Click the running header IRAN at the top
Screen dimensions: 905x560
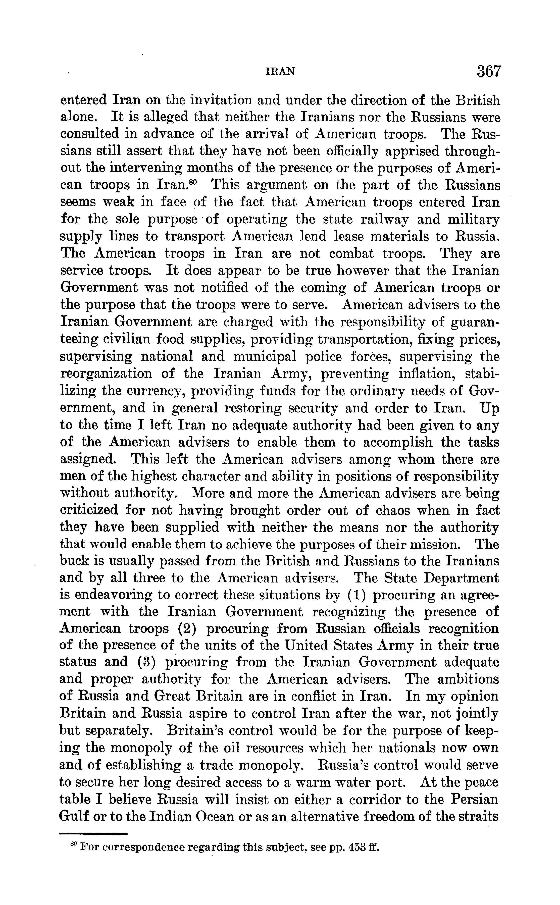click(x=281, y=72)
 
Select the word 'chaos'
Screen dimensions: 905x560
click(x=393, y=511)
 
